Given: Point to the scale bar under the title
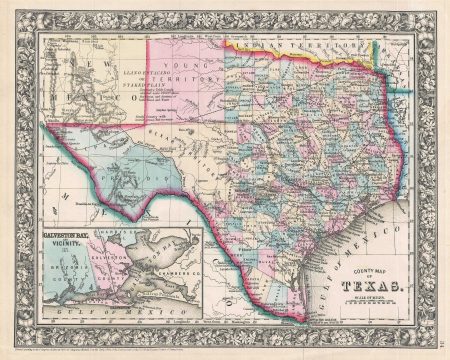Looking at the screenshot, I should tap(375, 302).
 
